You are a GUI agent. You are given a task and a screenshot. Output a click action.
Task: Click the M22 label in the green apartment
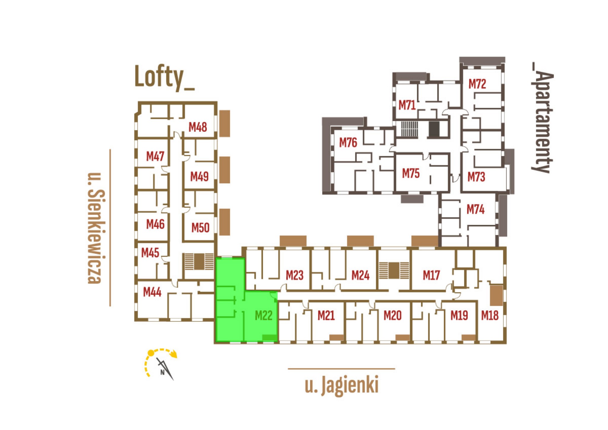(264, 315)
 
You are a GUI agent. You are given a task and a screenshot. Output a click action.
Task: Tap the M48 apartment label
(198, 127)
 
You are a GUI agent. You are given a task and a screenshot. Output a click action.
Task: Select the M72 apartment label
(477, 84)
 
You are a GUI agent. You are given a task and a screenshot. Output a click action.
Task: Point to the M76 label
(348, 143)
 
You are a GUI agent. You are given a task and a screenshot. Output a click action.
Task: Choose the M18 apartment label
(490, 315)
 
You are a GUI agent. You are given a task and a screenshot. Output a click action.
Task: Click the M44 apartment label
(152, 292)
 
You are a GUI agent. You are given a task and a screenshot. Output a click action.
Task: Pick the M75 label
(411, 173)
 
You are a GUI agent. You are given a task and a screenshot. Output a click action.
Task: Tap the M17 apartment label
(431, 275)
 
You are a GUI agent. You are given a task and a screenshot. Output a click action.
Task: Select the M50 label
(200, 228)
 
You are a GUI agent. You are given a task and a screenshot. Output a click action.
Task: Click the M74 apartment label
(476, 209)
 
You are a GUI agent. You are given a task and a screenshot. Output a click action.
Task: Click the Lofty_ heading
(164, 77)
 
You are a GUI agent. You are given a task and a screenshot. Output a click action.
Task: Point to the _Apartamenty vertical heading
(542, 118)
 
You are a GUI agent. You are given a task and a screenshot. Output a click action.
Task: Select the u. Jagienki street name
(342, 385)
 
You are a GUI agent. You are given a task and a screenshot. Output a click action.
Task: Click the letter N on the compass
(162, 372)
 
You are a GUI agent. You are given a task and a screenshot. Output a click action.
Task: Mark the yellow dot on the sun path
(151, 353)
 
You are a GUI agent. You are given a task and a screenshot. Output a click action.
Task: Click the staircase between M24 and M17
(394, 271)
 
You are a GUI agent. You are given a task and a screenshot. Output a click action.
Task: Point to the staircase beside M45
(199, 262)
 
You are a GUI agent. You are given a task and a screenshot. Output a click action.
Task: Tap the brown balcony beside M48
(225, 124)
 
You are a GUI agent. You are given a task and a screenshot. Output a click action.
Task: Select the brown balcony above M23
(293, 241)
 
